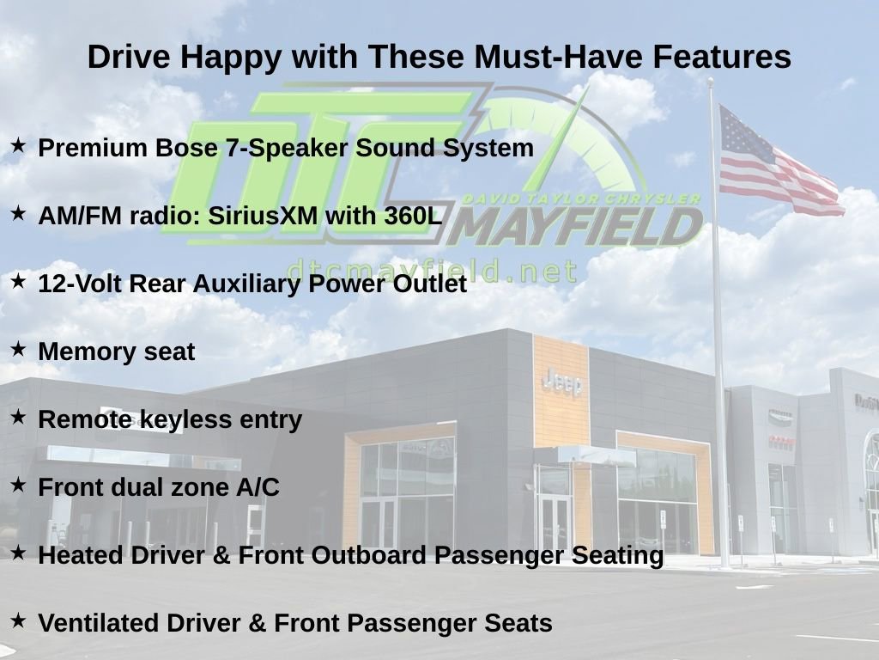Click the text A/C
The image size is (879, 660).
point(258,487)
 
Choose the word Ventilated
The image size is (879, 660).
point(98,623)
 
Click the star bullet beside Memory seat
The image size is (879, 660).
point(18,349)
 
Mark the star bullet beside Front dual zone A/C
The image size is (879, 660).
point(18,485)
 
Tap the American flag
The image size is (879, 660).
point(779,162)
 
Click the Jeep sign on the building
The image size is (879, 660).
point(562,382)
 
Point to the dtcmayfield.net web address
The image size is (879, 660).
point(431,272)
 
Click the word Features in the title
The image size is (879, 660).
point(722,57)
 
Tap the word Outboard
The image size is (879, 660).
point(368,555)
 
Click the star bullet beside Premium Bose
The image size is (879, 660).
point(18,145)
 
